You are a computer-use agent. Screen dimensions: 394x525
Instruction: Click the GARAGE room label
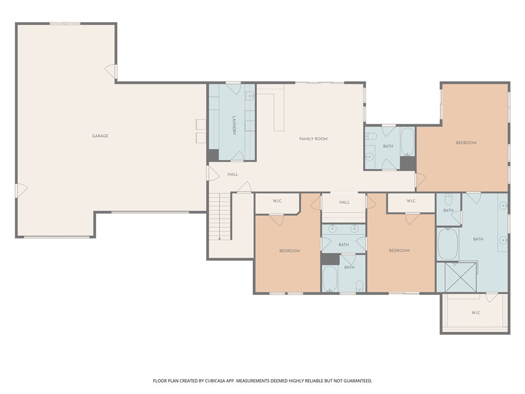coord(100,136)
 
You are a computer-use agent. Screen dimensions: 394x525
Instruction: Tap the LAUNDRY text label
coord(234,125)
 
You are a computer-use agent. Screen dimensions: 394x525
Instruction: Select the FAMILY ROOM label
coord(313,139)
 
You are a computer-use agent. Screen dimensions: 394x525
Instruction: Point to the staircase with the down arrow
coord(219,216)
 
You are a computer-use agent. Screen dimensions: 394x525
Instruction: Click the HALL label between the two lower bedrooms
coord(345,202)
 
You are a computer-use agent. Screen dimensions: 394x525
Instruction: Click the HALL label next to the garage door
coord(233,174)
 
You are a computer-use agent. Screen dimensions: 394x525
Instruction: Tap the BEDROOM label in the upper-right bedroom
coord(466,143)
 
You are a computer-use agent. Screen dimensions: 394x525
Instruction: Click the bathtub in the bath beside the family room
coord(408,142)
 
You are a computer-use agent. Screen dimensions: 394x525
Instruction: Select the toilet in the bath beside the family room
coord(372,136)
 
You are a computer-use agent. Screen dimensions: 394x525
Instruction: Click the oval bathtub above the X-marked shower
coord(447,244)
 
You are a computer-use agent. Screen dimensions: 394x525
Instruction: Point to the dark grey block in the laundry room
coord(213,154)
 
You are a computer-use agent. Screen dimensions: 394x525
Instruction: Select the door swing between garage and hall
coord(211,172)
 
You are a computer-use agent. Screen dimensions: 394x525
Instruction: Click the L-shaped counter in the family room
coord(277,110)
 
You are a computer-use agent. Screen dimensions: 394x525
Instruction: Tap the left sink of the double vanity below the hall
coord(332,229)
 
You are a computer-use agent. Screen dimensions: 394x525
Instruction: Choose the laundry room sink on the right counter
coord(250,96)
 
